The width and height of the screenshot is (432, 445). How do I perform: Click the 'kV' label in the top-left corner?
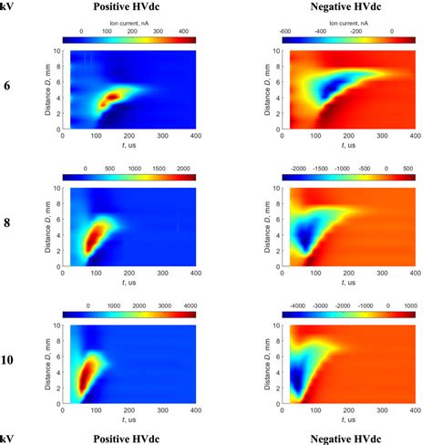[8, 6]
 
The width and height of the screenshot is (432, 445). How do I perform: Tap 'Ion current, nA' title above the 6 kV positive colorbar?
[128, 22]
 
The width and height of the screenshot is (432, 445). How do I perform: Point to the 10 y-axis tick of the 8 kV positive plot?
[55, 187]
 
